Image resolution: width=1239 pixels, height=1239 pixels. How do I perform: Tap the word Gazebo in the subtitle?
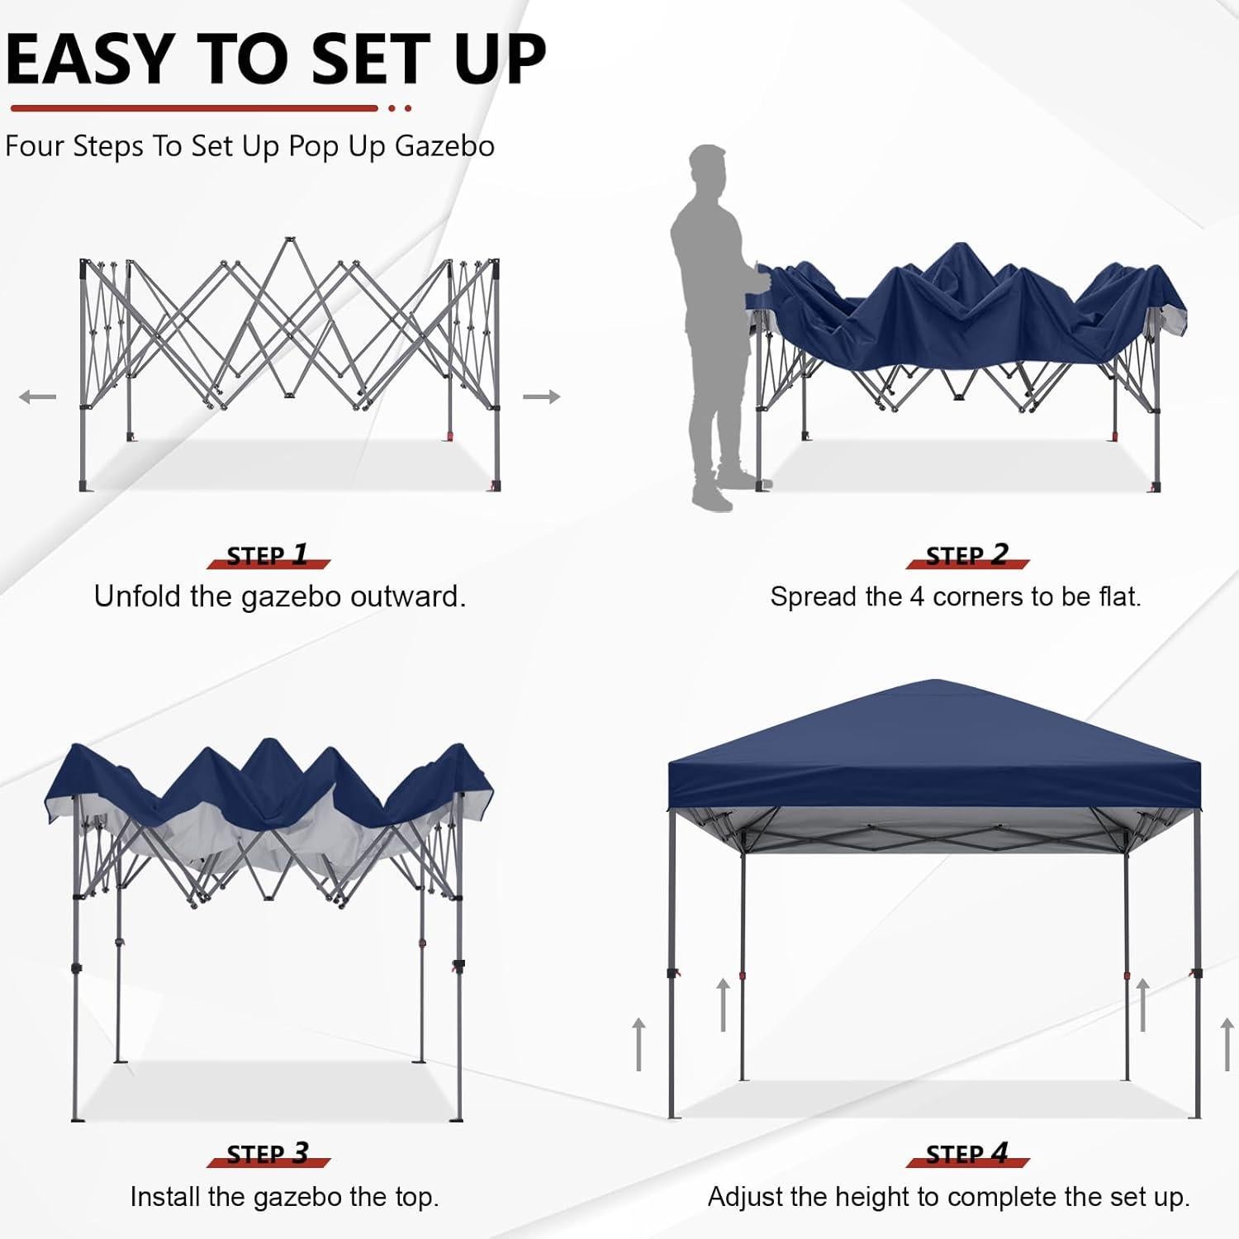tap(444, 146)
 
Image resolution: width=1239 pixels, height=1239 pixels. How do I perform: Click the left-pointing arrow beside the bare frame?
tap(38, 397)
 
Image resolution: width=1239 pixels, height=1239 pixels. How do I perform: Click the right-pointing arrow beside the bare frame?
tap(541, 397)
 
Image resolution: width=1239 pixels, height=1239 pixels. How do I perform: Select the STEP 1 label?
tap(268, 555)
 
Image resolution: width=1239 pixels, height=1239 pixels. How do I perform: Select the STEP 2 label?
tap(967, 555)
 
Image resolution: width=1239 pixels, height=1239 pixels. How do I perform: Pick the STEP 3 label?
tap(268, 1154)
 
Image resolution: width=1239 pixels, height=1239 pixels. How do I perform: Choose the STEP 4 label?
tap(967, 1154)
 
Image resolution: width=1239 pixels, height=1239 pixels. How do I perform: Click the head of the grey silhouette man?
tap(708, 169)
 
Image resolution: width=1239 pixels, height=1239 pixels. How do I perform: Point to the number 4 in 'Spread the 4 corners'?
tap(916, 596)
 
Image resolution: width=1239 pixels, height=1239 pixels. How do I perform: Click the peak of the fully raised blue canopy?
tap(934, 682)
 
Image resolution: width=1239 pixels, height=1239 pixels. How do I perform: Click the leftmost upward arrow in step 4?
tap(638, 1044)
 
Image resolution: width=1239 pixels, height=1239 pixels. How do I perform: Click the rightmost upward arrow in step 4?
tap(1227, 1044)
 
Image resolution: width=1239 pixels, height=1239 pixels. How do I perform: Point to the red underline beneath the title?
tap(194, 108)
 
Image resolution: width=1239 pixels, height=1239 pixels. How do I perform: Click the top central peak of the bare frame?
tap(289, 241)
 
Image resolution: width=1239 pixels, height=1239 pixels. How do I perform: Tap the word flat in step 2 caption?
tap(1118, 596)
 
